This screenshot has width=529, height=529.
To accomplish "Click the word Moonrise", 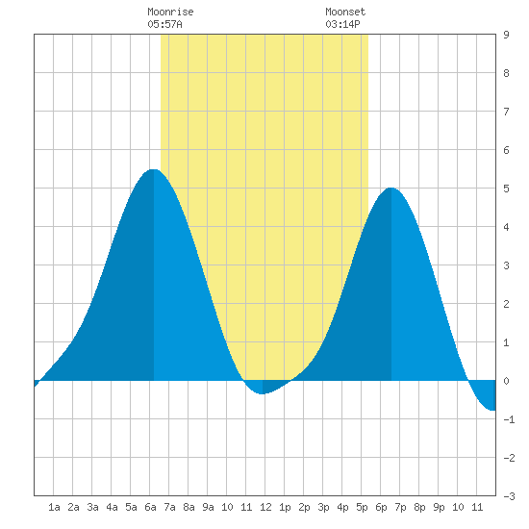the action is (170, 12).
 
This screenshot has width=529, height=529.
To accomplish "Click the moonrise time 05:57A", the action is (165, 24).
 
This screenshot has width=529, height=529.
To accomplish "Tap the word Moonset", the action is (345, 12).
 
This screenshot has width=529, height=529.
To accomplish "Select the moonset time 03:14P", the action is (342, 24).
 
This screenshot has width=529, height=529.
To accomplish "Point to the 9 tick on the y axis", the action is (506, 35).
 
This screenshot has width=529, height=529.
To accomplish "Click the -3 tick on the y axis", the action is (509, 496).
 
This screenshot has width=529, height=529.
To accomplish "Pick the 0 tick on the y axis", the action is (506, 381).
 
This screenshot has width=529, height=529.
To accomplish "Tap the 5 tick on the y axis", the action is (506, 189).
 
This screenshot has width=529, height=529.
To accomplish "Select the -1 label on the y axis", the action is (509, 419).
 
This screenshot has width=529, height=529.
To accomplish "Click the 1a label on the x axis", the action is (54, 507).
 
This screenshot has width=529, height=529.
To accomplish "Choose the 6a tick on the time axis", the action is (150, 507).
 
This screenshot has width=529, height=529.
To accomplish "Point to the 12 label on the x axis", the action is (265, 507).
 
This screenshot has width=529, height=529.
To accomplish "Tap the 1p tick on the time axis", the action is (285, 507).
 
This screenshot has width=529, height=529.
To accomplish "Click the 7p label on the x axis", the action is (400, 507).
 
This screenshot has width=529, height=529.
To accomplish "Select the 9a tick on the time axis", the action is (208, 507).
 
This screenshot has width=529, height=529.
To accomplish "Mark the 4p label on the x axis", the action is (342, 507).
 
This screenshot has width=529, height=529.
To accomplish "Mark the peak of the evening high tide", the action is (391, 188).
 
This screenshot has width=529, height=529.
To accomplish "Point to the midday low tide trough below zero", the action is (263, 393).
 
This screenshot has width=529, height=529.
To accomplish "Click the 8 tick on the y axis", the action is (506, 73).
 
